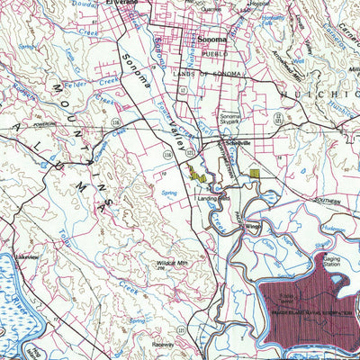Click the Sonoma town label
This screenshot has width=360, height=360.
coord(211,40)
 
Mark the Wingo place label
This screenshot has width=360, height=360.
coord(253,227)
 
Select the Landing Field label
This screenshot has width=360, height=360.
coord(214,198)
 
